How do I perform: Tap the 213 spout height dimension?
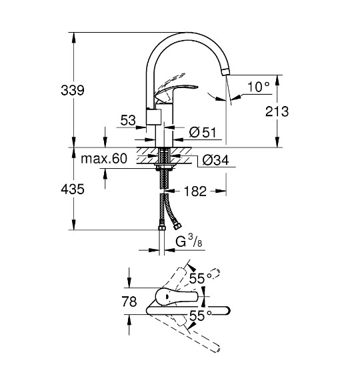[x=275, y=111]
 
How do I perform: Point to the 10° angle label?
[x=258, y=85]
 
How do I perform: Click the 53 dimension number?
[x=128, y=120]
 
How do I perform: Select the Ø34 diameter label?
[x=215, y=160]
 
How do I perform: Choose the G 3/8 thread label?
[x=189, y=243]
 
